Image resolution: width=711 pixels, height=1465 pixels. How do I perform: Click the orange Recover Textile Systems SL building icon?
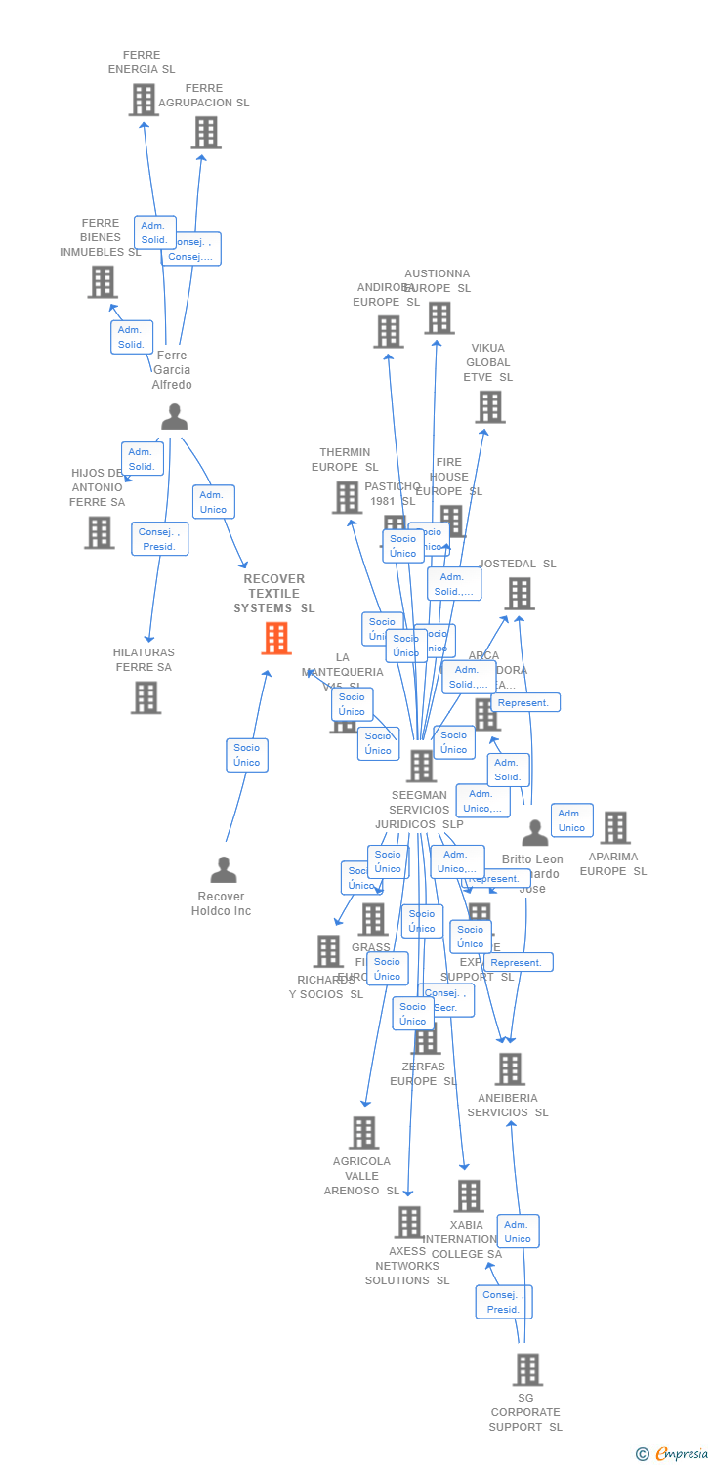[x=276, y=639]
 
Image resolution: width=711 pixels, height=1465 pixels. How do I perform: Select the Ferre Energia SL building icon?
[x=144, y=100]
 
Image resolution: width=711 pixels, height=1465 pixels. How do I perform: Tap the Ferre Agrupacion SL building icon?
[x=206, y=133]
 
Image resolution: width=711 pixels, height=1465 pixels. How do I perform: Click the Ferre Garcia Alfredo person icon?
[x=174, y=417]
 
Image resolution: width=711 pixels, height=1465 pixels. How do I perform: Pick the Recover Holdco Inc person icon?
[x=224, y=869]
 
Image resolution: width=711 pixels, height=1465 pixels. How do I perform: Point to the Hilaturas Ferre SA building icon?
[x=146, y=697]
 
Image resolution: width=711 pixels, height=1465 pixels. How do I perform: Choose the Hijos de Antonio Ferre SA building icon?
[x=99, y=532]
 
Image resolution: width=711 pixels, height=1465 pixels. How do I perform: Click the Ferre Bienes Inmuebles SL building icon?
[x=103, y=282]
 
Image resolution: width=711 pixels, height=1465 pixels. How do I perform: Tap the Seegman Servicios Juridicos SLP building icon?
[x=422, y=767]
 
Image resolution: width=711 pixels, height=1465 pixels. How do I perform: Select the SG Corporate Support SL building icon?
[x=527, y=1370]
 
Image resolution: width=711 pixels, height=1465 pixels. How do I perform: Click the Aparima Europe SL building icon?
[x=615, y=828]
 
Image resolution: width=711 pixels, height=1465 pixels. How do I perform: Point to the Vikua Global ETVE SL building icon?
[x=490, y=407]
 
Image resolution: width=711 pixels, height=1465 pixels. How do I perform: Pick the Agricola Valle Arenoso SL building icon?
[x=363, y=1133]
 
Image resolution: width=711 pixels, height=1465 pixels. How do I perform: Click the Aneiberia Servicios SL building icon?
[x=510, y=1069]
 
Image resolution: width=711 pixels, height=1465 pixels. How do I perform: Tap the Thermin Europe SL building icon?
[x=348, y=498]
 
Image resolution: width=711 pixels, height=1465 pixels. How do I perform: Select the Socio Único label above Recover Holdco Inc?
[x=247, y=755]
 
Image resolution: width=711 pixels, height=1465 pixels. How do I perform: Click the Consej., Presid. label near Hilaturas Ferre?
[x=159, y=539]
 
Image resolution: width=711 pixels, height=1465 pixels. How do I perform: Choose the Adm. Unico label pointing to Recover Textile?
[x=213, y=502]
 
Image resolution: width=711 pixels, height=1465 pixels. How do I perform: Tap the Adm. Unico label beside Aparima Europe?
[x=571, y=820]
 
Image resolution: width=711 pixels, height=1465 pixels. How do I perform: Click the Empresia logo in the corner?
[x=671, y=1454]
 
